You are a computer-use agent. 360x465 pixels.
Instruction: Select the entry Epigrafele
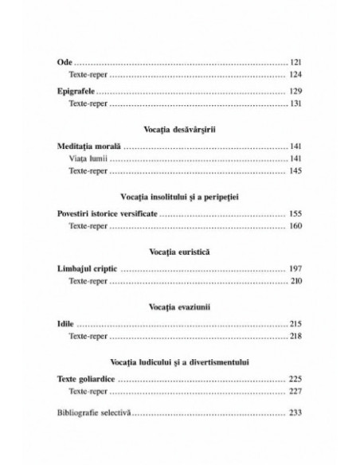(x=83, y=92)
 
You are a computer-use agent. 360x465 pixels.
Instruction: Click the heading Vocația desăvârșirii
(x=180, y=131)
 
